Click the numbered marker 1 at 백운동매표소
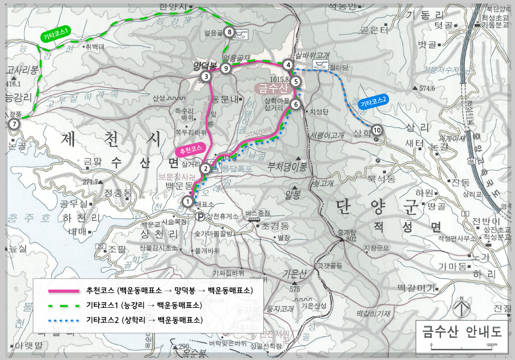187,202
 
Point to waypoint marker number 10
377,130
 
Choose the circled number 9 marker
226,68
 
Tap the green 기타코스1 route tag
56,35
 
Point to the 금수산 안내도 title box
461,332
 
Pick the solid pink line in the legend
63,291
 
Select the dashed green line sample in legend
63,305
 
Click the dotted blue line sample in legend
63,320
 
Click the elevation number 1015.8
280,79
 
